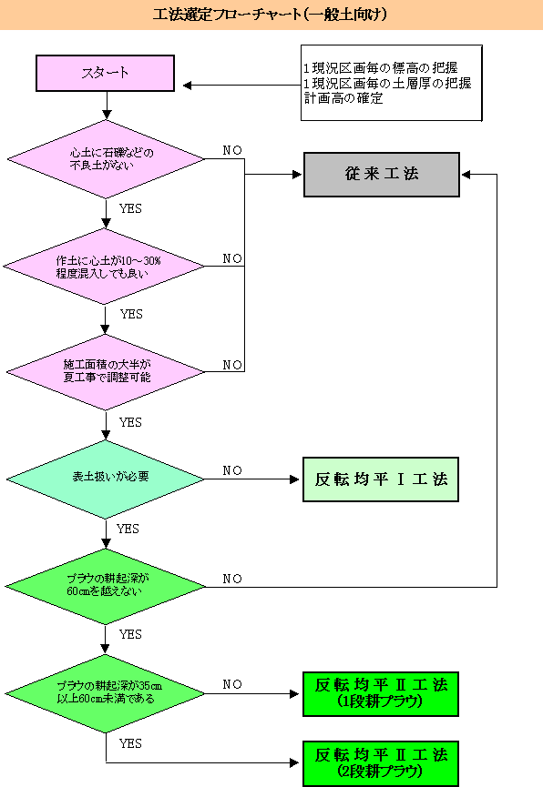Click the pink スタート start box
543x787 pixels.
click(105, 74)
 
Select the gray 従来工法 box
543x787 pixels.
click(382, 175)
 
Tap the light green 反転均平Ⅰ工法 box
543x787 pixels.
click(381, 479)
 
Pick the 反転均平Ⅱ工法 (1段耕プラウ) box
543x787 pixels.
click(381, 694)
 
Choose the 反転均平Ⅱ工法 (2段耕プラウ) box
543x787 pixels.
click(381, 763)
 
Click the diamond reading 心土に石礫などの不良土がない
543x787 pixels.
click(106, 159)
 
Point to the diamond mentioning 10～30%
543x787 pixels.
click(105, 267)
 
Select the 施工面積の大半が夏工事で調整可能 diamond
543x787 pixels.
click(106, 372)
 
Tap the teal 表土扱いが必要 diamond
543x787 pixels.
click(106, 479)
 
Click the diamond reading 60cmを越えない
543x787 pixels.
click(106, 586)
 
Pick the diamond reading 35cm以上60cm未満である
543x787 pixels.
click(105, 693)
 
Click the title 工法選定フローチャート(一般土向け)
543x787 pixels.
click(270, 14)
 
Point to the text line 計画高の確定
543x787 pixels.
click(343, 98)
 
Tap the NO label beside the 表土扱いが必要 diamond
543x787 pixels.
click(232, 470)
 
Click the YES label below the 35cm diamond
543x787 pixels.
click(130, 743)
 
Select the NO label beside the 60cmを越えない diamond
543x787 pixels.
click(232, 579)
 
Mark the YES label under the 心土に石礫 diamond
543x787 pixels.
click(130, 208)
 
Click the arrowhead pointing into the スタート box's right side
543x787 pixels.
click(187, 86)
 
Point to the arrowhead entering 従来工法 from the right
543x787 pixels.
click(466, 175)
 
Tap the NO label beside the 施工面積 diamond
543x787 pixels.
click(232, 365)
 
